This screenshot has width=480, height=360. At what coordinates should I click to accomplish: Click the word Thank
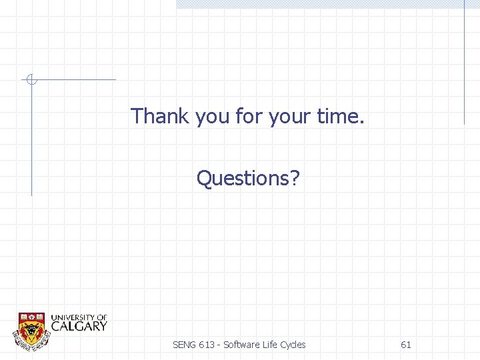point(161,116)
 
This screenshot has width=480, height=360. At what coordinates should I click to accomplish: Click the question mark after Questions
point(295,178)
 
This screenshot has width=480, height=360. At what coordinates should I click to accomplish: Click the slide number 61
point(405,345)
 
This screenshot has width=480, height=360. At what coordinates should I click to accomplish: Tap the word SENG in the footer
point(185,345)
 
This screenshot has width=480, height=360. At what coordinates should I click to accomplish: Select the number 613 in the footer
point(207,345)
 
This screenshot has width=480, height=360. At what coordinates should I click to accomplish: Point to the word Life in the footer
point(269,345)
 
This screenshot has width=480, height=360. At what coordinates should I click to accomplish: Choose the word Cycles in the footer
point(293,345)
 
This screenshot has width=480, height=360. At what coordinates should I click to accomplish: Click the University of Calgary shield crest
point(31,329)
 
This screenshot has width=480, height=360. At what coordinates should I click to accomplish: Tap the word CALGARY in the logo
point(79,326)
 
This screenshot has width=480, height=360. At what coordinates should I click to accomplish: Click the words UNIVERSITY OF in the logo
point(79,317)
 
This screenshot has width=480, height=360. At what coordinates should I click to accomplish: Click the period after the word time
point(362,122)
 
